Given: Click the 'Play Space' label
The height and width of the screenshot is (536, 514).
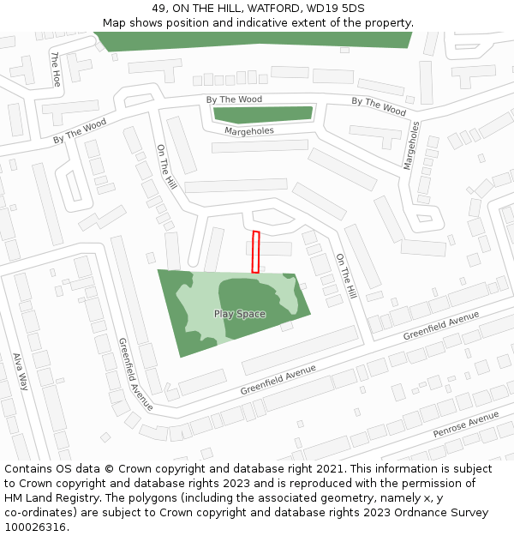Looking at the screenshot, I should click(240, 314).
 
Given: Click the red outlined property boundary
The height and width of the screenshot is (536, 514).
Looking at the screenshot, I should click(255, 252).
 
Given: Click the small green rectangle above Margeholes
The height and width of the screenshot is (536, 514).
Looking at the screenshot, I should click(263, 114).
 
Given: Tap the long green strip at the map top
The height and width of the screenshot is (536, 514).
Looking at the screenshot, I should click(253, 40).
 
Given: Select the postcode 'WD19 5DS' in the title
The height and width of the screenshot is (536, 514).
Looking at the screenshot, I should click(334, 8).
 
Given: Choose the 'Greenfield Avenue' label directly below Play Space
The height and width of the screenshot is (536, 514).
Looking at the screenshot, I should click(278, 379).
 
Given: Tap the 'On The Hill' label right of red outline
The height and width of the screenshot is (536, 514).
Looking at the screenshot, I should click(345, 276).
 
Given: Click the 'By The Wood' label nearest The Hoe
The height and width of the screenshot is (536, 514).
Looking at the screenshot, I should click(80, 131).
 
